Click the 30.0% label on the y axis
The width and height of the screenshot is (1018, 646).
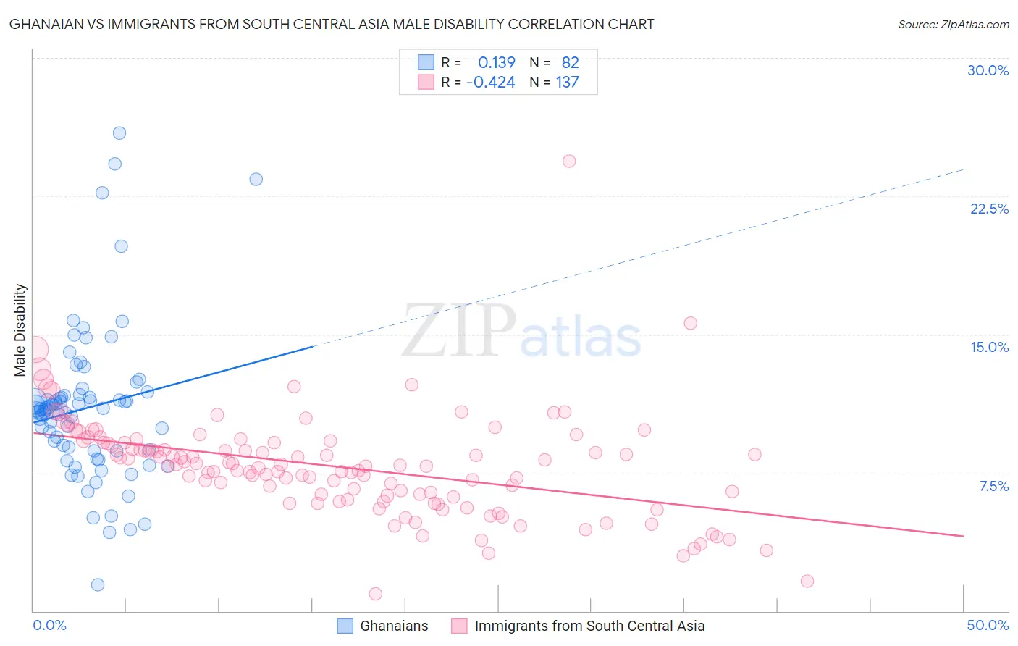click(x=988, y=70)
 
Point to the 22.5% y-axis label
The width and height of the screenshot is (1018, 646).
click(x=989, y=209)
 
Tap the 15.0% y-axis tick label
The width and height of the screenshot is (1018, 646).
click(x=989, y=347)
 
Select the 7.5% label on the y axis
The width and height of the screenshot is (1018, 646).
click(x=993, y=486)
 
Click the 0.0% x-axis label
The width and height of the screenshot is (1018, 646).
click(x=49, y=625)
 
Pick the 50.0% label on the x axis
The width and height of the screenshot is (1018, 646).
click(x=988, y=625)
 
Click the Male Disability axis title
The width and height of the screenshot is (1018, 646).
click(x=20, y=330)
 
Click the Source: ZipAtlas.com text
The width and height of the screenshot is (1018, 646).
click(x=953, y=24)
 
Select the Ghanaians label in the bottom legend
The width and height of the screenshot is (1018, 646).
click(x=394, y=626)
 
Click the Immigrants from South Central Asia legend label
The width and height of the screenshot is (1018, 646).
click(x=589, y=626)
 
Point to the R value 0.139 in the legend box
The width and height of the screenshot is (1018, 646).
click(x=497, y=62)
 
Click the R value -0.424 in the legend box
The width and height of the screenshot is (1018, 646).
click(x=491, y=82)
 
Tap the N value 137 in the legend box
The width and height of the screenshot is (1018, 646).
click(x=567, y=82)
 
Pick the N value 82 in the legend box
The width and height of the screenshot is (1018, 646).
click(x=570, y=62)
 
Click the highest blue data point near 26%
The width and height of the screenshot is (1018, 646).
click(x=119, y=133)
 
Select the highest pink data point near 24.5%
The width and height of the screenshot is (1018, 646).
click(x=569, y=161)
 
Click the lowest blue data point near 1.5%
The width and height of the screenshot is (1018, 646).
click(x=98, y=584)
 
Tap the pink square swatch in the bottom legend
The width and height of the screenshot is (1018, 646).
click(x=459, y=626)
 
